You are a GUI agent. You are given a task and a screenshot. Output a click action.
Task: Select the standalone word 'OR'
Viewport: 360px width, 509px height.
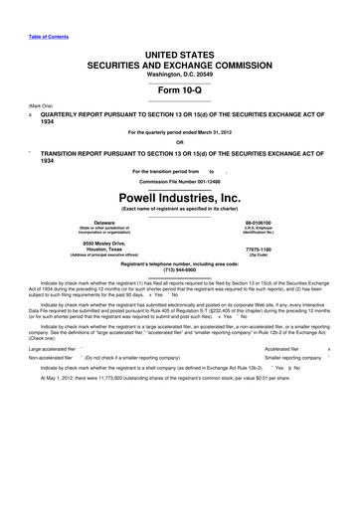coord(180,141)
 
